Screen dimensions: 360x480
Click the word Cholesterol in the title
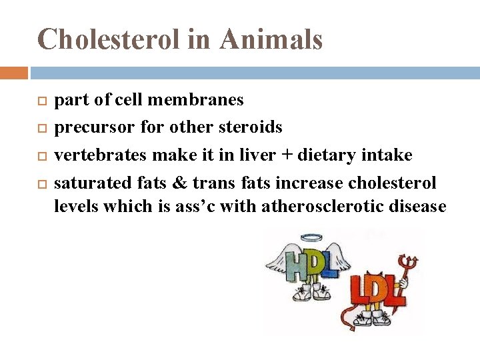tap(109, 39)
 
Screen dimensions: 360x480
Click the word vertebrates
tap(101, 155)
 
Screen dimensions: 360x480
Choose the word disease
tap(421, 207)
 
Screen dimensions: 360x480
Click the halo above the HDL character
tap(311, 237)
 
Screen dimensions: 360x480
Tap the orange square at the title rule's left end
tap(14, 73)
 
